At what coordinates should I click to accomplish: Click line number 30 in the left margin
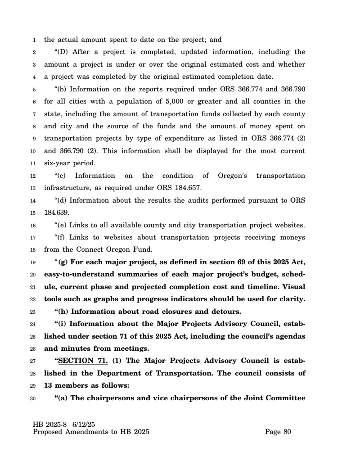pyautogui.click(x=33, y=398)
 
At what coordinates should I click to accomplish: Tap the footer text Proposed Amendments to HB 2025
pyautogui.click(x=91, y=432)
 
